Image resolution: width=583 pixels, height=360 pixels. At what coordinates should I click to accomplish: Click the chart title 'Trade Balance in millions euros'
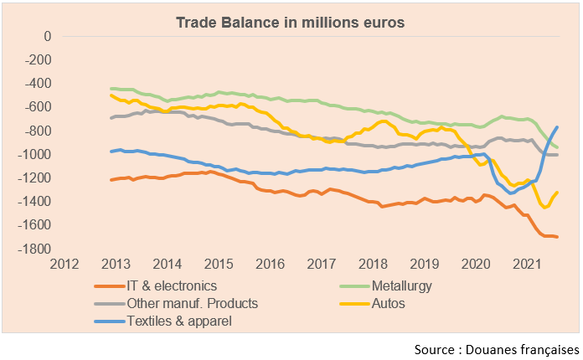290,23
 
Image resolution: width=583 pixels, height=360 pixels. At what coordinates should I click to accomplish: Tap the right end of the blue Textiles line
558,127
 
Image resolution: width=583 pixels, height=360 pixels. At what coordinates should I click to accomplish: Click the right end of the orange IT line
558,237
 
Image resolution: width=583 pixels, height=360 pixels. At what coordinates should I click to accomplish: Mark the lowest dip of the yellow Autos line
545,207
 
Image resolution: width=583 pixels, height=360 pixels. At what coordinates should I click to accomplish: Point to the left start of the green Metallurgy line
111,88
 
